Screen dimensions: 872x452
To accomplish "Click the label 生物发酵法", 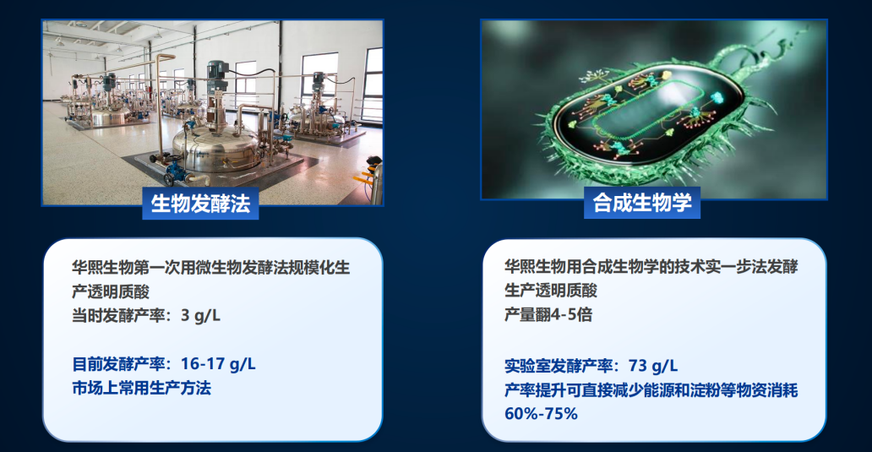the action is (x=200, y=204).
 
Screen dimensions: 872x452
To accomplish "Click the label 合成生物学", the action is (x=642, y=203).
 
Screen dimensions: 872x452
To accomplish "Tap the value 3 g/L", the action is (x=201, y=316).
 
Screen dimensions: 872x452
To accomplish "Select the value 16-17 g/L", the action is (x=218, y=364).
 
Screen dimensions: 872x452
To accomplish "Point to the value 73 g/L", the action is (x=653, y=366).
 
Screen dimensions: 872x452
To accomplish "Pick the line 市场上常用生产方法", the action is (x=142, y=388).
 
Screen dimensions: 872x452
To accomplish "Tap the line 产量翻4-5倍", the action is (x=548, y=314).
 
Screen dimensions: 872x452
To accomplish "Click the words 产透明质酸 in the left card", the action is (x=111, y=291).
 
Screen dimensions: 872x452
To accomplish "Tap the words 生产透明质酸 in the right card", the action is (x=551, y=291).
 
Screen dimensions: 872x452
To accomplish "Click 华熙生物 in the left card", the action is (x=103, y=268).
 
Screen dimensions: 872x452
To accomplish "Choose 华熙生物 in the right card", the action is (x=536, y=266).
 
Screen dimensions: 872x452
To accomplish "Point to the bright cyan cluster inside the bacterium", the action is (x=717, y=98).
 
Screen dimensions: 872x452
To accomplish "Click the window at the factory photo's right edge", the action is (x=373, y=84).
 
